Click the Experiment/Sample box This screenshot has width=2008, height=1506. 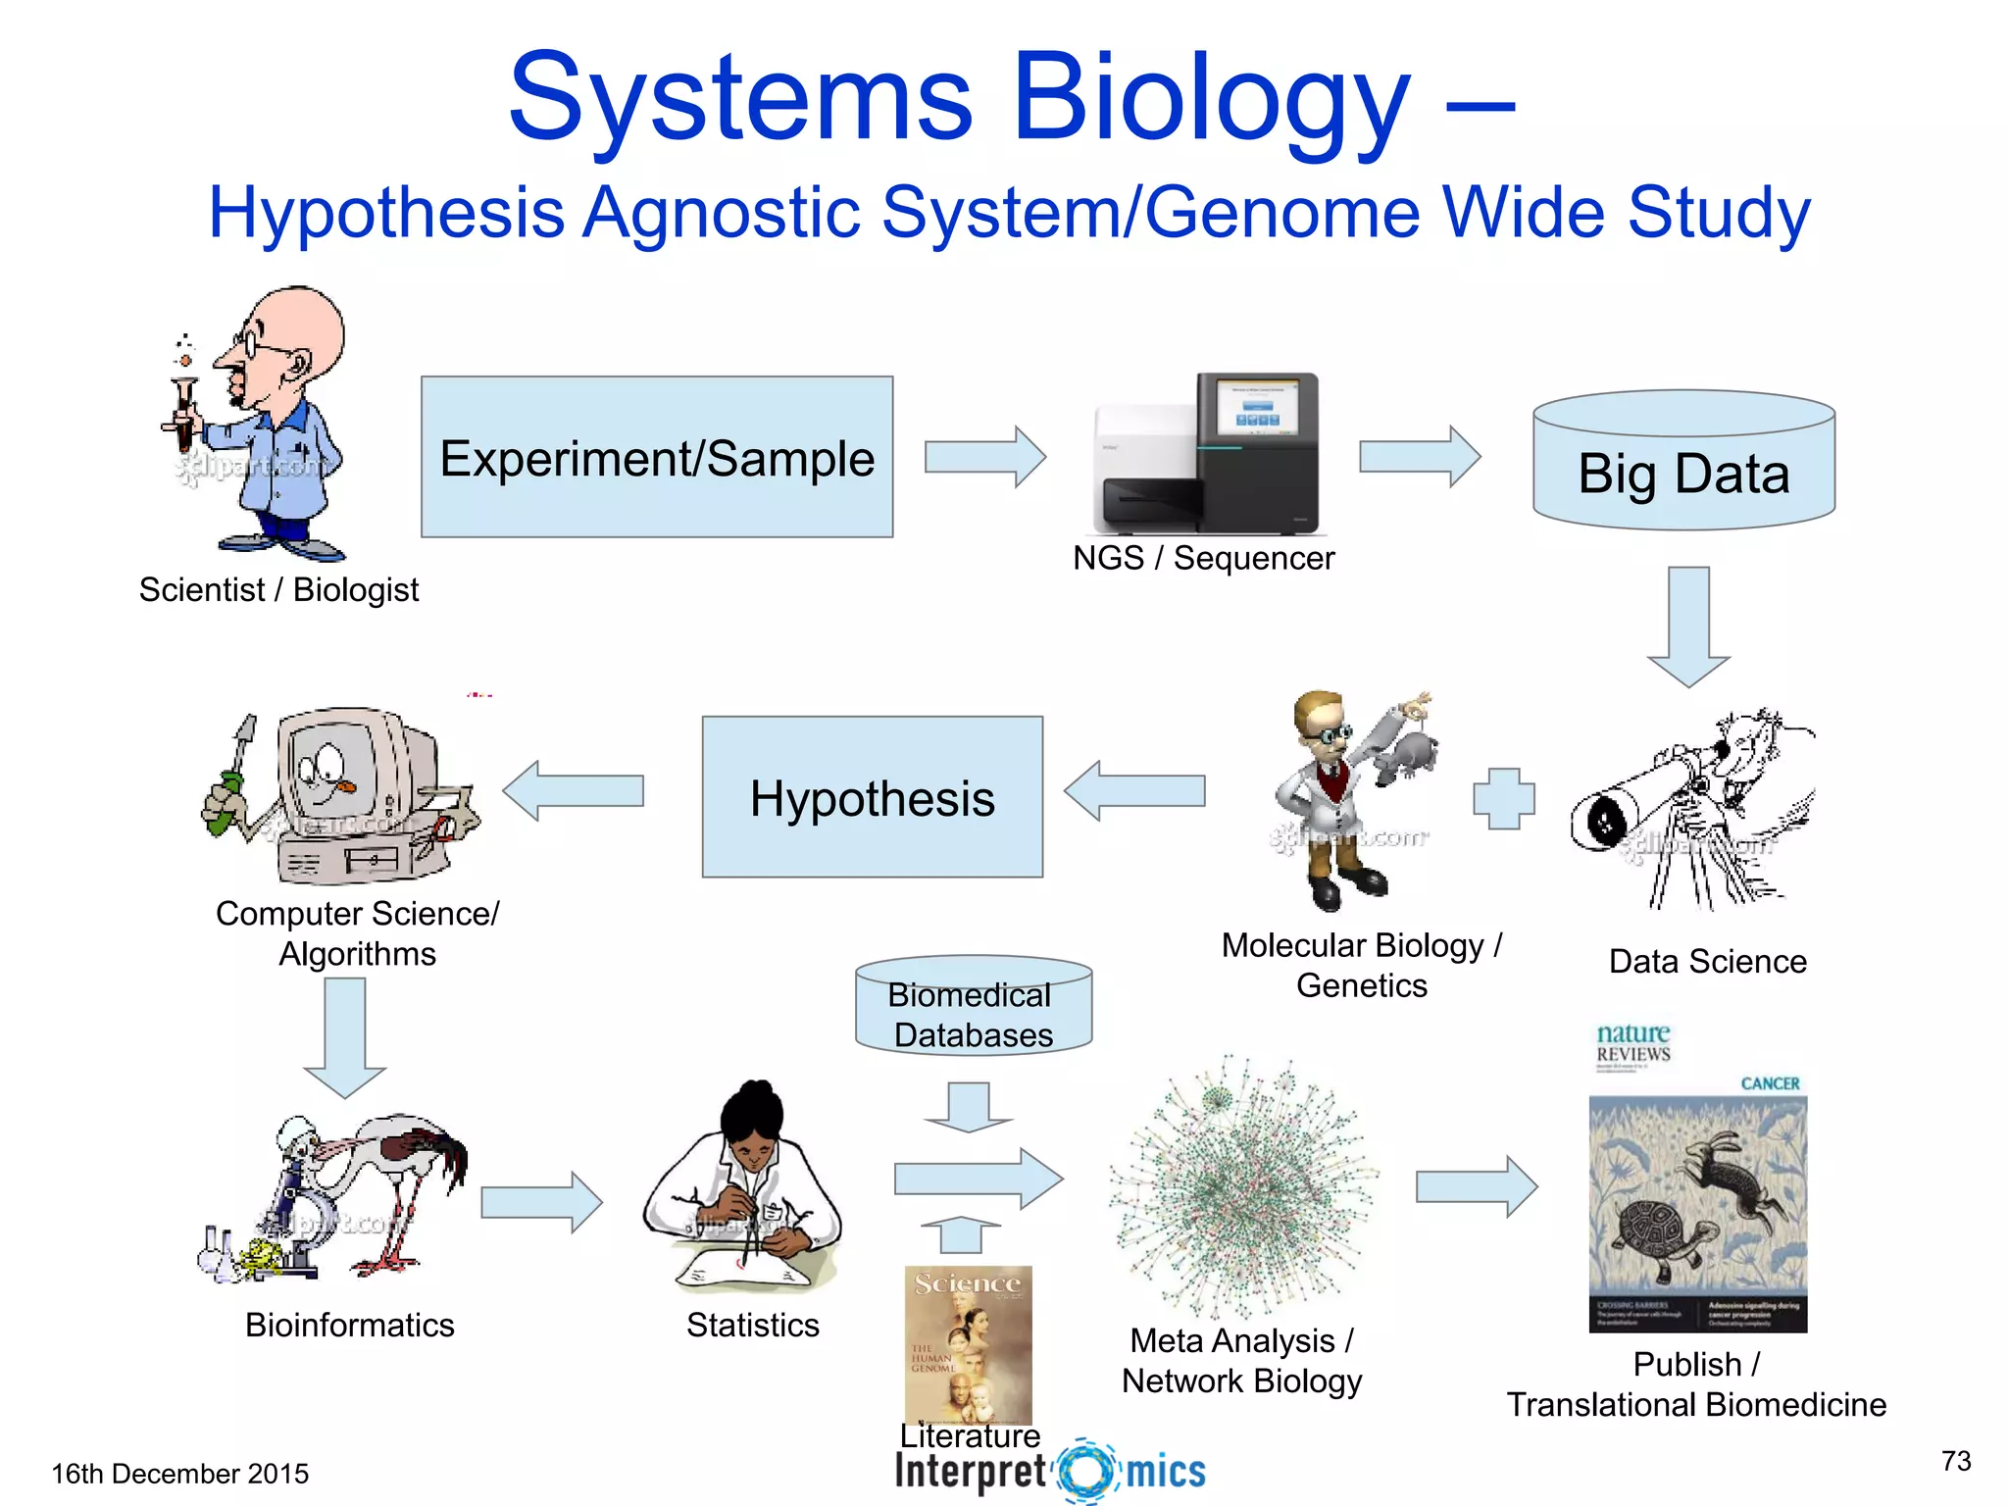click(x=657, y=457)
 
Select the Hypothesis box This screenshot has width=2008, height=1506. click(x=872, y=796)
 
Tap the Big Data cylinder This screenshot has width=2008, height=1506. click(x=1683, y=471)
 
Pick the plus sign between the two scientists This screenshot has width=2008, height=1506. click(x=1503, y=798)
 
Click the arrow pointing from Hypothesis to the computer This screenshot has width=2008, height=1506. click(x=574, y=790)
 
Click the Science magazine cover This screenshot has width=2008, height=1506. click(x=968, y=1344)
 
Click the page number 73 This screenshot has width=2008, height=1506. click(x=1956, y=1461)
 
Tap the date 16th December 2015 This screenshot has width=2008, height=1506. click(x=179, y=1474)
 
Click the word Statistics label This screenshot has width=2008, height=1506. click(x=752, y=1325)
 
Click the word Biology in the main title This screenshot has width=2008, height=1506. click(x=1210, y=98)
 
